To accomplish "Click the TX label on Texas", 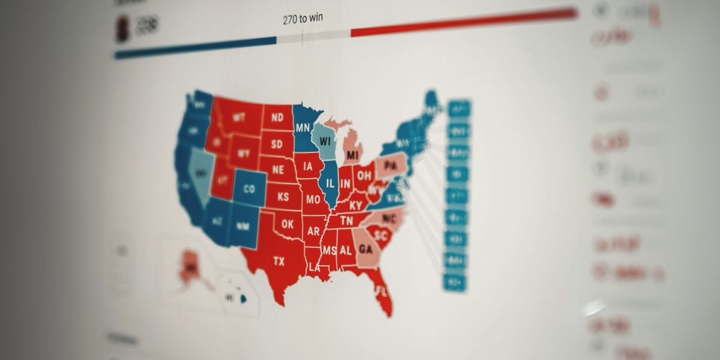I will click(279, 261).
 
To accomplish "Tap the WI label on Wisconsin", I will click(325, 141).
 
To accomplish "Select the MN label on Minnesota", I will click(302, 127).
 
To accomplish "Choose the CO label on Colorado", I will click(249, 190).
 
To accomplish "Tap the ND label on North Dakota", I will click(277, 118).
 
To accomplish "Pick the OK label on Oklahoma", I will click(288, 224).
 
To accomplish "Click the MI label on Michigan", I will click(353, 156).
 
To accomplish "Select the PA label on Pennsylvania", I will click(391, 165).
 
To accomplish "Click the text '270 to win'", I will click(302, 19).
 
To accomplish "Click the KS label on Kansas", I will click(283, 197).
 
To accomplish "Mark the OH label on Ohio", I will click(364, 176).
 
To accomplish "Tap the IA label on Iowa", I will click(308, 166).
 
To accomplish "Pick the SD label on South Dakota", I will click(277, 144).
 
